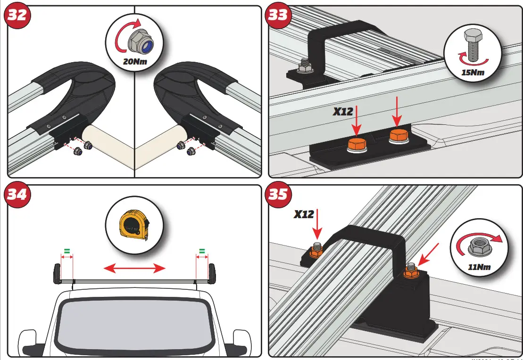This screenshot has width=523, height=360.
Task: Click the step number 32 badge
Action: [17, 16]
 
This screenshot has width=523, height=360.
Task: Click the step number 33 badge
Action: [279, 16]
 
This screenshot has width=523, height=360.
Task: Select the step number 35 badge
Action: [279, 195]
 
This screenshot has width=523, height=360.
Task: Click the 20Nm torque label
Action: [135, 61]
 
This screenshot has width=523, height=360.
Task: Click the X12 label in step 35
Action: [304, 214]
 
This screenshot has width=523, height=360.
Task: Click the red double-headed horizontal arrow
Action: [134, 268]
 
